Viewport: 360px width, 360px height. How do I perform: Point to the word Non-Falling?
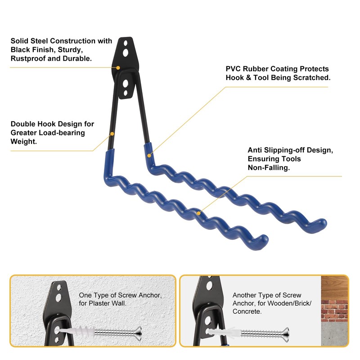[x=269, y=167]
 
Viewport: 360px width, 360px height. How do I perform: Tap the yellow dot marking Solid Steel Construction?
[x=118, y=67]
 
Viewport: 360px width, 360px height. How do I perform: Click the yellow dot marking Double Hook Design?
[x=112, y=134]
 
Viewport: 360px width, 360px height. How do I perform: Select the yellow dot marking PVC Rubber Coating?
[x=149, y=156]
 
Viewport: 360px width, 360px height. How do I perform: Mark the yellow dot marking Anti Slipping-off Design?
[x=198, y=211]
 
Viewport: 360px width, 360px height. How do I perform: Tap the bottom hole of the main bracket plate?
[x=127, y=93]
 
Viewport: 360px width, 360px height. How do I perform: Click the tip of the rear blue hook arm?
[x=323, y=223]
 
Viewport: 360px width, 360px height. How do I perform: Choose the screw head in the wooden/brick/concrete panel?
[x=285, y=334]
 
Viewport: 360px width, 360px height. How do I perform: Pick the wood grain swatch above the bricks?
[x=334, y=285]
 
